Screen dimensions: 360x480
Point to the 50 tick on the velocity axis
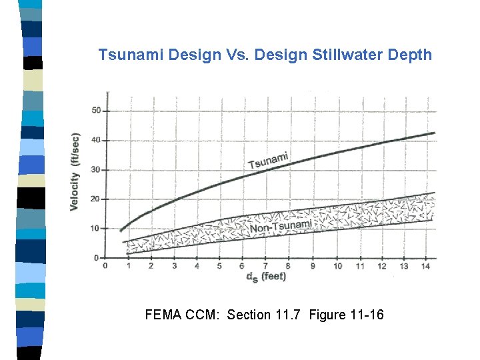(x=96, y=111)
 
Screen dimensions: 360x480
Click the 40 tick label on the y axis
(x=96, y=140)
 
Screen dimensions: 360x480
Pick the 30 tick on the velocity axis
(x=96, y=169)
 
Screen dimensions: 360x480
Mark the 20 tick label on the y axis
(x=96, y=199)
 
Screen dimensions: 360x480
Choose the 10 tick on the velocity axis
(x=96, y=228)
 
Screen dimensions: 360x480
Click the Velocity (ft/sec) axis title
(x=75, y=172)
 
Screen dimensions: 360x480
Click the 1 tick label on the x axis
(x=128, y=265)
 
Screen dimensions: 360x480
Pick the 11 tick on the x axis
(x=360, y=265)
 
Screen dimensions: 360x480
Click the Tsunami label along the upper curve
(x=269, y=161)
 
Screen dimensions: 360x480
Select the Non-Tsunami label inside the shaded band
(x=280, y=227)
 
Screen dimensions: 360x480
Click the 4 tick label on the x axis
(x=197, y=265)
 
